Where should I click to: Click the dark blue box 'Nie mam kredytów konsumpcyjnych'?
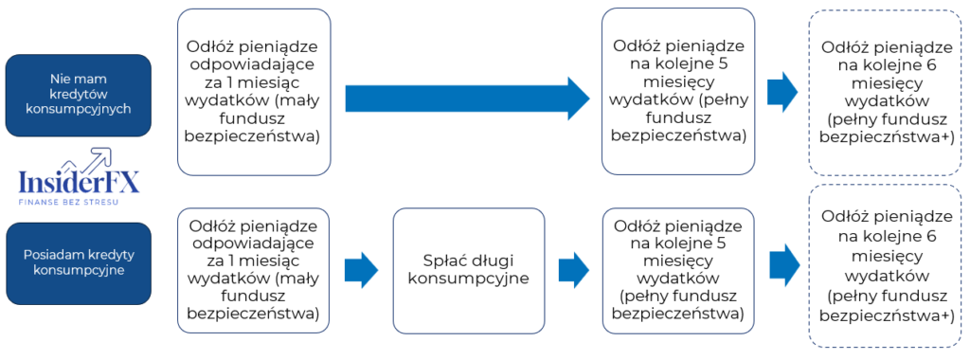pyautogui.click(x=78, y=96)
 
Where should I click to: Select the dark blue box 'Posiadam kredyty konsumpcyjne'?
pyautogui.click(x=78, y=262)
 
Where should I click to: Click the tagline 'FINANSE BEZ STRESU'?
pyautogui.click(x=78, y=202)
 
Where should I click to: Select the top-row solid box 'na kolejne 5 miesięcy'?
pyautogui.click(x=677, y=91)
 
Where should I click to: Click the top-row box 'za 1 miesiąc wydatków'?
pyautogui.click(x=254, y=92)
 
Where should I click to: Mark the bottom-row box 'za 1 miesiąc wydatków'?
pyautogui.click(x=254, y=269)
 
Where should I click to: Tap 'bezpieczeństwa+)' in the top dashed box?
pyautogui.click(x=888, y=137)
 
